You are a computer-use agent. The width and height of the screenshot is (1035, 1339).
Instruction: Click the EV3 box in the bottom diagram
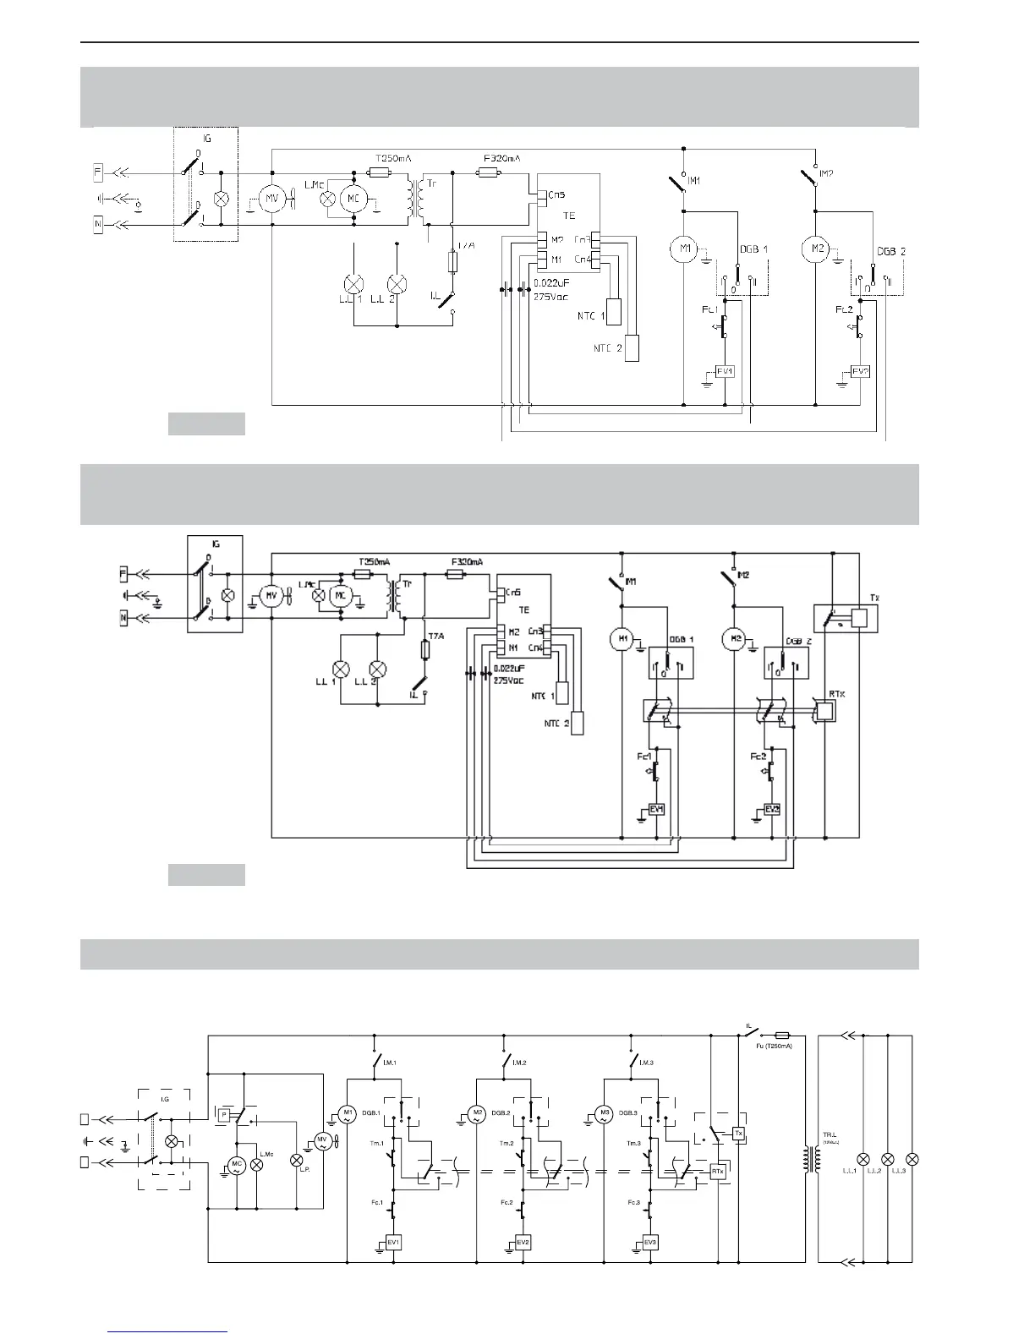649,1243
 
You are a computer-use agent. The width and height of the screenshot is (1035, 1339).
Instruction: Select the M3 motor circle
604,1114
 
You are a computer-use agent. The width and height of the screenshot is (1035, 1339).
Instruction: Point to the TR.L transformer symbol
813,1157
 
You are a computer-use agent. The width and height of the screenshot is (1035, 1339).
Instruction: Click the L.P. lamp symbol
297,1161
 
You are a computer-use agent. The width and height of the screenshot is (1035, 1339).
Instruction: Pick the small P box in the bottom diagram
223,1115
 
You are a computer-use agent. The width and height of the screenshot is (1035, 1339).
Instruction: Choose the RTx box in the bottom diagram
718,1172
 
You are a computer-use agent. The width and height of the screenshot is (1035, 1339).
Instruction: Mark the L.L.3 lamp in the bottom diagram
912,1158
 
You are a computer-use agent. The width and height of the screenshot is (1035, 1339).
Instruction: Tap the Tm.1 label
377,1143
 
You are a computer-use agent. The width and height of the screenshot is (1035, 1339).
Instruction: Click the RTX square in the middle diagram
824,711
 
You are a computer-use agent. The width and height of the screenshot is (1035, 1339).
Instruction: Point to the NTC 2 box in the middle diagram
578,724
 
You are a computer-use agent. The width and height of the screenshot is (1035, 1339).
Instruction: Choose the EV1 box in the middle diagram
656,809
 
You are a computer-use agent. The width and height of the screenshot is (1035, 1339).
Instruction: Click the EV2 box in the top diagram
860,372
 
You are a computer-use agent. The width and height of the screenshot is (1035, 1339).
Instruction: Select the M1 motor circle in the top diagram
683,250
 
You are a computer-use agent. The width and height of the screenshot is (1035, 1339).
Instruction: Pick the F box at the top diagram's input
99,173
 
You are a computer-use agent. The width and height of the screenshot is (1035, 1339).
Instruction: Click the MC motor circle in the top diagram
351,199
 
